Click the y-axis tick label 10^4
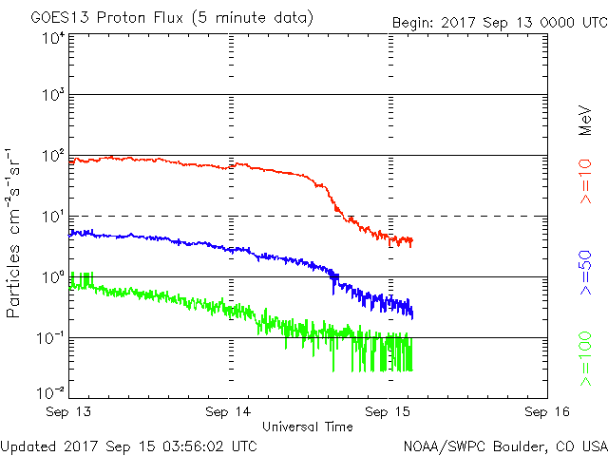click(x=52, y=37)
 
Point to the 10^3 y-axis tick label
click(x=52, y=96)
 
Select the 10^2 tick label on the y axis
click(x=52, y=157)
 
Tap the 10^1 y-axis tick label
click(x=52, y=218)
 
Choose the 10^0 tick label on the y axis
click(x=52, y=278)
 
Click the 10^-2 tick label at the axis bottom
click(x=50, y=391)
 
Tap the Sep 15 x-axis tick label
click(x=389, y=413)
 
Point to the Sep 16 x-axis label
click(x=547, y=413)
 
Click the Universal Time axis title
click(x=308, y=427)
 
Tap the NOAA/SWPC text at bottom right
click(x=442, y=445)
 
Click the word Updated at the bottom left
click(x=28, y=445)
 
